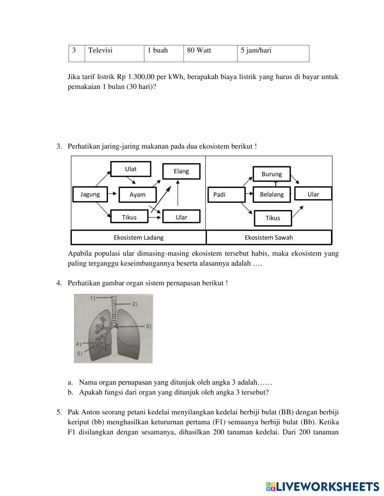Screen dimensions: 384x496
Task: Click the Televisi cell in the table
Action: pyautogui.click(x=114, y=53)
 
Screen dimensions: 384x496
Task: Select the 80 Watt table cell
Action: pyautogui.click(x=210, y=53)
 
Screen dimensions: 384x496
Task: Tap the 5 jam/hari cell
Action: pyautogui.click(x=273, y=53)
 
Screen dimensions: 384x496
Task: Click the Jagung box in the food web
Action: pyautogui.click(x=90, y=194)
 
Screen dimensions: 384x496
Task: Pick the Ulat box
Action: pyautogui.click(x=131, y=169)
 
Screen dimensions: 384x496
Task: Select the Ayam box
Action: pyautogui.click(x=137, y=195)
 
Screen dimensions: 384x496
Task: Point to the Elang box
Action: pyautogui.click(x=182, y=171)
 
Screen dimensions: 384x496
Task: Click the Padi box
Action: pyautogui.click(x=227, y=195)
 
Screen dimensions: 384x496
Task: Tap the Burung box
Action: pyautogui.click(x=272, y=174)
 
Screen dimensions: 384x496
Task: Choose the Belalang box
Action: pyautogui.click(x=272, y=194)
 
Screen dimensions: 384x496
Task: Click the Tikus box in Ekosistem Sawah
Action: pyautogui.click(x=273, y=218)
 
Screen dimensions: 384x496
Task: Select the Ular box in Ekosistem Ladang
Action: pyautogui.click(x=182, y=217)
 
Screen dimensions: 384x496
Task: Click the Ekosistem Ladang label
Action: pyautogui.click(x=139, y=237)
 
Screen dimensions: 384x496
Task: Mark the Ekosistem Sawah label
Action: pyautogui.click(x=269, y=237)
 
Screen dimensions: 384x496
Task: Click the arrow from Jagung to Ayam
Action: pyautogui.click(x=112, y=194)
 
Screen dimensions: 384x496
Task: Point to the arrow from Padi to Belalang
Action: pyautogui.click(x=249, y=194)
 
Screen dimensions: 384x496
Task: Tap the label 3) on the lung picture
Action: pyautogui.click(x=148, y=327)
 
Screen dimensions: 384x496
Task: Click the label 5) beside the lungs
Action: pyautogui.click(x=79, y=353)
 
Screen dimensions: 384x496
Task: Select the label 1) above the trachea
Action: pyautogui.click(x=93, y=298)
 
